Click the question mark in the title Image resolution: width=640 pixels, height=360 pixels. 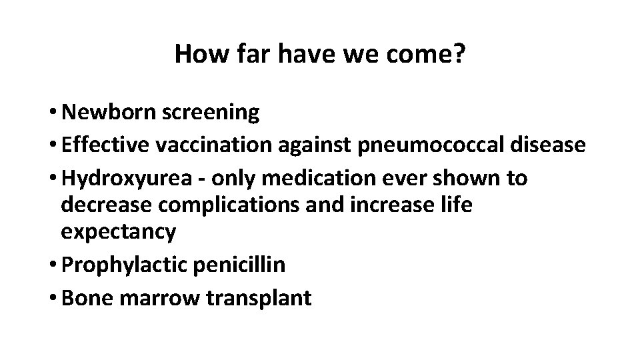(458, 55)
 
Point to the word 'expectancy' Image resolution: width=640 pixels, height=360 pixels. (118, 232)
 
